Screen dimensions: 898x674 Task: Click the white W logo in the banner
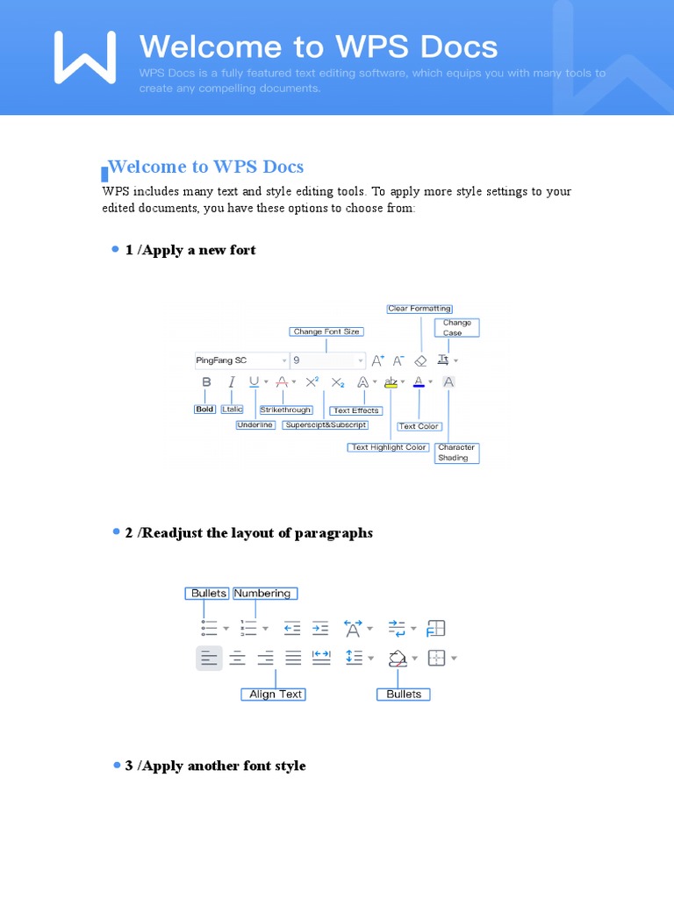pos(85,58)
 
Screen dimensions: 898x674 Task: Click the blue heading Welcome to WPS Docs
pos(205,167)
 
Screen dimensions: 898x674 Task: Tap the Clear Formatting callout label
pos(419,309)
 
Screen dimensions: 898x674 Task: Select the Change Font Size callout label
pos(326,331)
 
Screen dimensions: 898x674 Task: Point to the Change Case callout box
pos(457,328)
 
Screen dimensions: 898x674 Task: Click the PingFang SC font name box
pos(240,360)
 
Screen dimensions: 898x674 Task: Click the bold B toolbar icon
pos(206,382)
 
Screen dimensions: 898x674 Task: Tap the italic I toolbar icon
pos(232,382)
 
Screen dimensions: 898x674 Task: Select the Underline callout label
pos(255,425)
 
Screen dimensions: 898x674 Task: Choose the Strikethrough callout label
pos(286,410)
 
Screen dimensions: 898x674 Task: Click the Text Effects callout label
pos(355,410)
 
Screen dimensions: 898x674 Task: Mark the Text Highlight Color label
pos(389,447)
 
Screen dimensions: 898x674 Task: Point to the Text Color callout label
pos(419,426)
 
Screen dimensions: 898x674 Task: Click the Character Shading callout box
pos(456,453)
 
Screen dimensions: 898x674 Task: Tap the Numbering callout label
pos(262,594)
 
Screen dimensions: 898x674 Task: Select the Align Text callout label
pos(276,694)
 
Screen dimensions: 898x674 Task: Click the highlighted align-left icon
pos(209,657)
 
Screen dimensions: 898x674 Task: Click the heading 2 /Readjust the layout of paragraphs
pos(249,533)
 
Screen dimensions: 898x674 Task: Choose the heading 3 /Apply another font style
pos(216,766)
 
